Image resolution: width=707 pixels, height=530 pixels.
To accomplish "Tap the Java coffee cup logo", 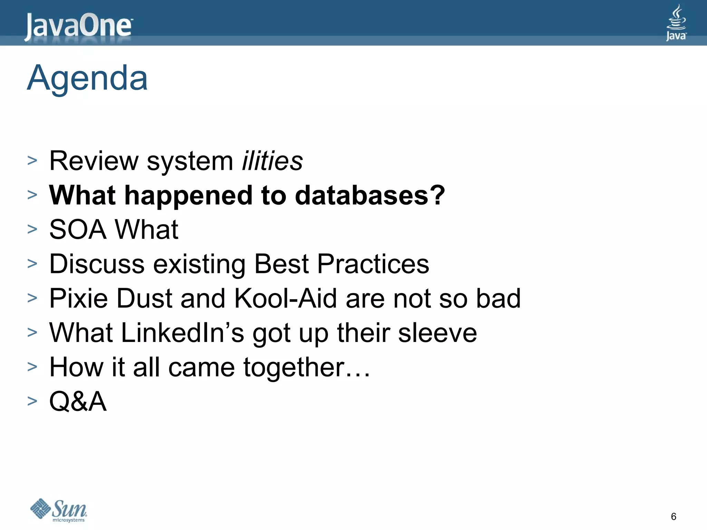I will click(676, 23).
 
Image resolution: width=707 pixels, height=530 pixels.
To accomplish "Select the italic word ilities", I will click(272, 161).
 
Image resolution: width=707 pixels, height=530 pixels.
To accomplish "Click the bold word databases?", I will click(370, 195).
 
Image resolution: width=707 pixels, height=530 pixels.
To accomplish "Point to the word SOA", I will click(78, 229).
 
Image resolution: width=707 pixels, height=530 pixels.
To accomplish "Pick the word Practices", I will click(373, 264).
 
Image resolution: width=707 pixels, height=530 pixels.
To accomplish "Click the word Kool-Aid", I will click(285, 298).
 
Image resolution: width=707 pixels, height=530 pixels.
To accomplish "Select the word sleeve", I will click(437, 333).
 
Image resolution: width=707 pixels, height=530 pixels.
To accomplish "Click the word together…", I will click(307, 367).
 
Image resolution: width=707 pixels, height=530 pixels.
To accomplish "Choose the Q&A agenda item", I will click(78, 401).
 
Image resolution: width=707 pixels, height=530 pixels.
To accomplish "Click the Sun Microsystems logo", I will click(59, 510).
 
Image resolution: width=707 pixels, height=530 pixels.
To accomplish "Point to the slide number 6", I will click(673, 517).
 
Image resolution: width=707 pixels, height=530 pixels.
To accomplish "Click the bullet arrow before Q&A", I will click(32, 401).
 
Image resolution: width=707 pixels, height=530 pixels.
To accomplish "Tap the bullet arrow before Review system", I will click(32, 160).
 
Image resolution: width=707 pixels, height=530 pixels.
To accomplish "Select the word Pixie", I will click(79, 298).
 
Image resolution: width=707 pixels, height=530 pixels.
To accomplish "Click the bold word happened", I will click(188, 195).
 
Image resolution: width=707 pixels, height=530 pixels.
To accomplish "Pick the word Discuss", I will click(97, 264).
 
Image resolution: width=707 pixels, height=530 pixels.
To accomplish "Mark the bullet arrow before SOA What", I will click(32, 229).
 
